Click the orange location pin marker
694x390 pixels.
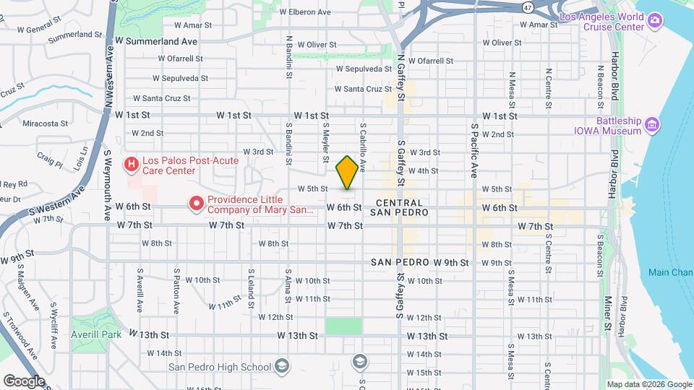point(347,173)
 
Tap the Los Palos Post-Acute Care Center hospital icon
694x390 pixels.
point(131,165)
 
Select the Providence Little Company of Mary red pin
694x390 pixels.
point(196,204)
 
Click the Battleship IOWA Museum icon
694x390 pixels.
point(652,125)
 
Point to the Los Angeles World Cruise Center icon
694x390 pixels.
point(655,19)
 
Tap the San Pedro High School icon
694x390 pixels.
point(281,365)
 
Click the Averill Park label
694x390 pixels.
point(86,335)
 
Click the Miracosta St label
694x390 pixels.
point(45,123)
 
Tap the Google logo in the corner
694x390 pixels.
point(24,381)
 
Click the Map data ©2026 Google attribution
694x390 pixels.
point(648,384)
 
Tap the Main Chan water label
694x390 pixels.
point(669,272)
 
